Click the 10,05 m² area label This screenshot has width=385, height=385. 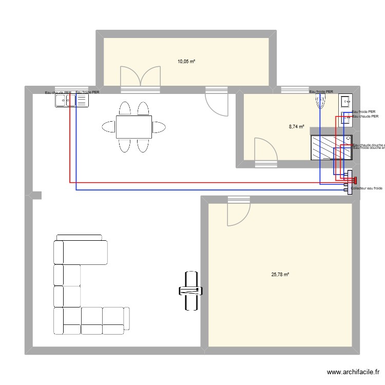tap(186, 62)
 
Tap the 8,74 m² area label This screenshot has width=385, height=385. tap(296, 126)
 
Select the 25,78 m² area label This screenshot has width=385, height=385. tap(280, 275)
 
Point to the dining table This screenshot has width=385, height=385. tap(133, 127)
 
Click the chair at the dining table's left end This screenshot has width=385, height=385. tap(108, 127)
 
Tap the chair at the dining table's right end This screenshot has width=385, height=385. tap(159, 127)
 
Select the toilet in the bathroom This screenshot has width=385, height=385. tap(321, 101)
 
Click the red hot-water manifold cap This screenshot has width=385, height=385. tap(354, 180)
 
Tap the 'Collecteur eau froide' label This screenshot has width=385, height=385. tap(367, 188)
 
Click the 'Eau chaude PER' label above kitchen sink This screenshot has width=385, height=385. tap(58, 93)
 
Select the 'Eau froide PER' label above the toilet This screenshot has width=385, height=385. tap(321, 92)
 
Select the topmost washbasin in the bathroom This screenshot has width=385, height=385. tap(345, 101)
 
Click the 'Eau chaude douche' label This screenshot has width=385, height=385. tap(369, 145)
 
